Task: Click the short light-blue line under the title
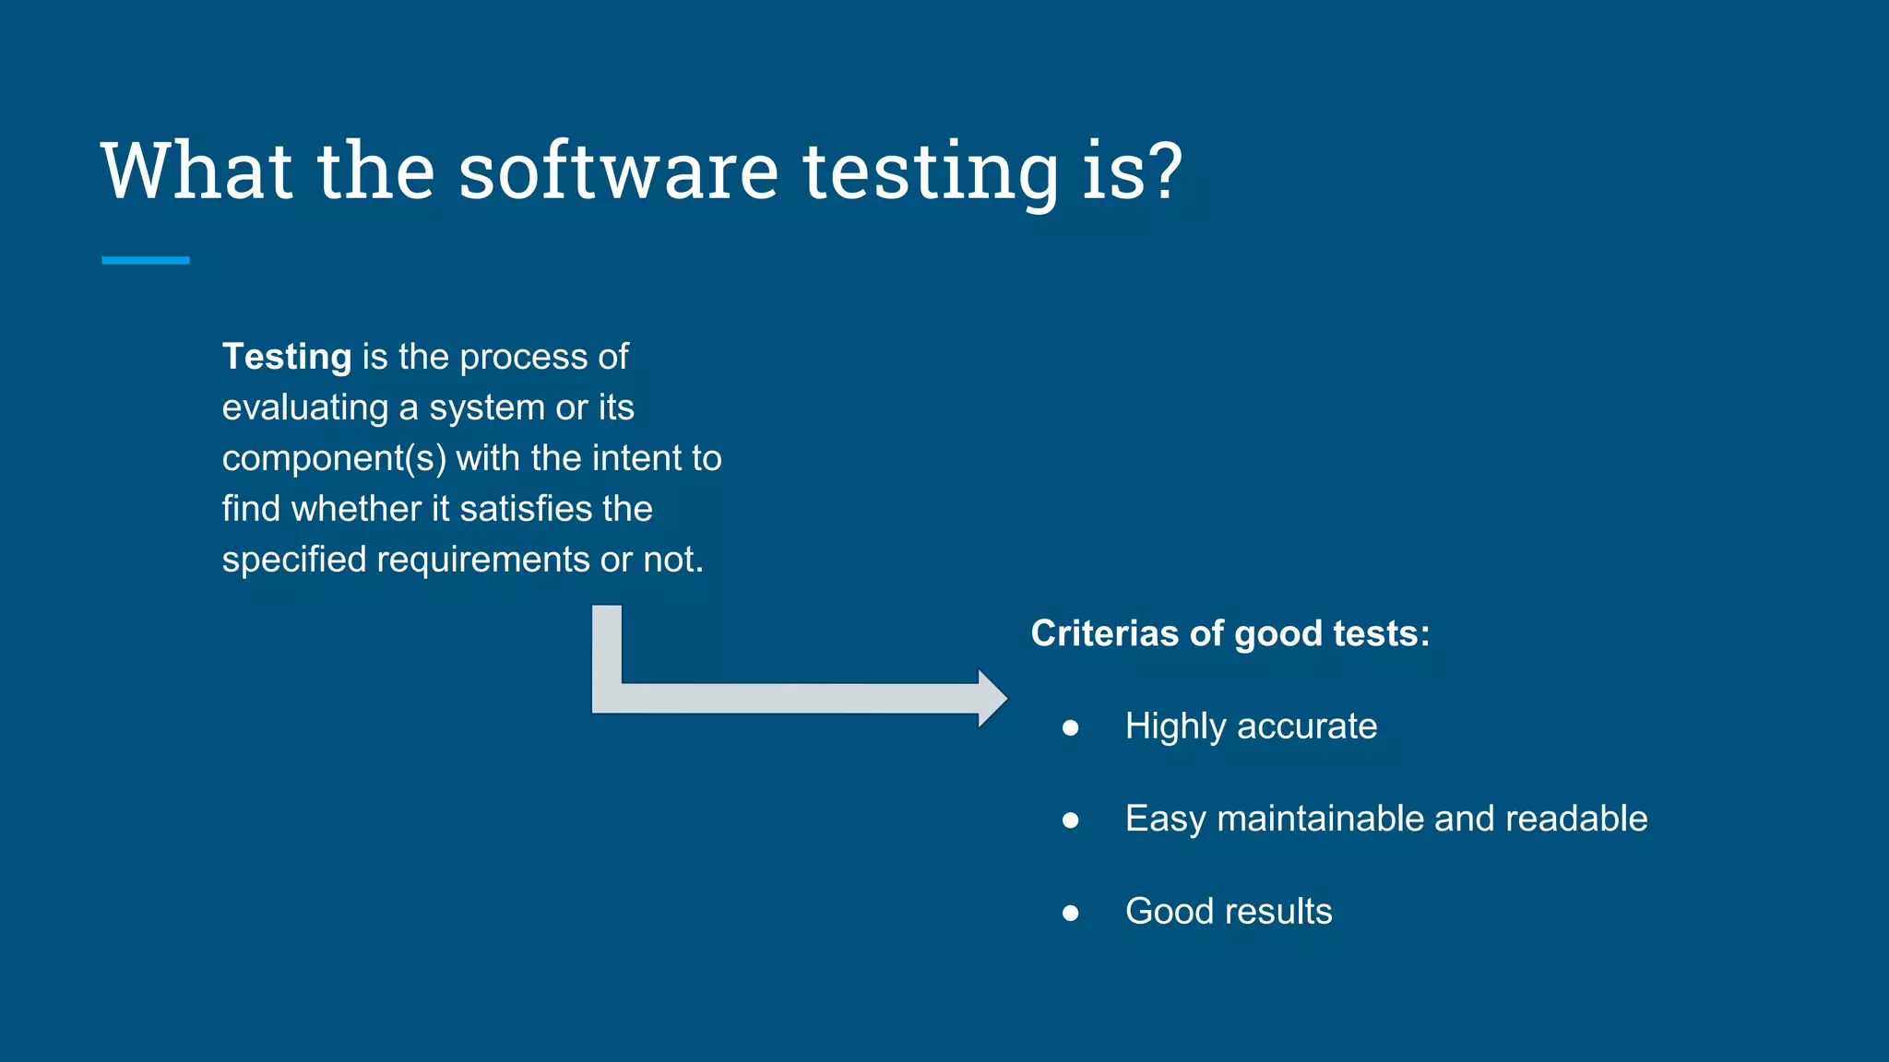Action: tap(146, 261)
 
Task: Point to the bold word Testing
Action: tap(287, 358)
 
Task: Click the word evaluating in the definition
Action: tap(305, 408)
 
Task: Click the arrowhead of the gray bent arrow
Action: tap(992, 699)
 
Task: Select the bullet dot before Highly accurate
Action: tap(1070, 728)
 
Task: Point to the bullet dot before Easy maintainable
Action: tap(1070, 820)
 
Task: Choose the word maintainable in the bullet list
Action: tap(1320, 819)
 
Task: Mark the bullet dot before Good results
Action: tap(1070, 913)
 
